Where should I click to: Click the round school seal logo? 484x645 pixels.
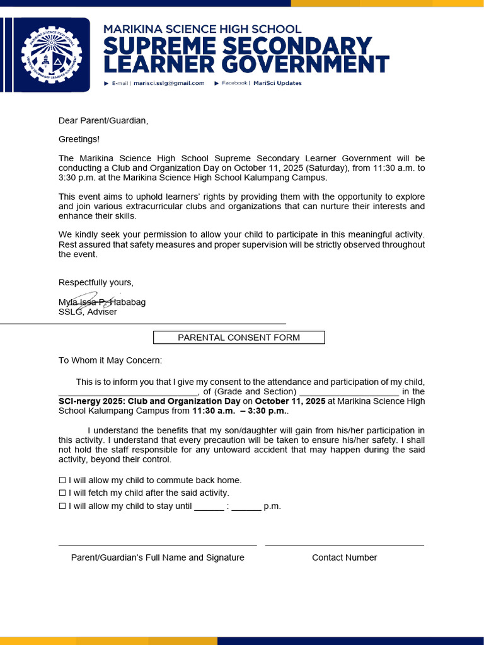click(x=51, y=55)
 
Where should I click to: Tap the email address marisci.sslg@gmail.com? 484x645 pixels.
click(x=169, y=83)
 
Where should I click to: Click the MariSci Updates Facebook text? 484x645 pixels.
click(x=277, y=83)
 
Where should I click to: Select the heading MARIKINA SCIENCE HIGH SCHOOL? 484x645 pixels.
click(x=202, y=29)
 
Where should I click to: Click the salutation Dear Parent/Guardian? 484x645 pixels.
click(x=103, y=120)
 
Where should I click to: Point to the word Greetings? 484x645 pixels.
click(x=79, y=139)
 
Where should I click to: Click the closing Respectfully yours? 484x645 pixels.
click(x=96, y=282)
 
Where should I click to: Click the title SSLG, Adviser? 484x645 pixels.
click(x=88, y=312)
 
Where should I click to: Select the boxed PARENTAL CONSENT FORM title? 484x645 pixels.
click(x=239, y=338)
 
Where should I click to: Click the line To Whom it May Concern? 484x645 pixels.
click(x=110, y=360)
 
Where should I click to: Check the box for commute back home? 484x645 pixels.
click(x=62, y=481)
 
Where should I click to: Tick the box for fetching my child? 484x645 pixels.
click(x=62, y=493)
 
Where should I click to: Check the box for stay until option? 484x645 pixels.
click(x=62, y=506)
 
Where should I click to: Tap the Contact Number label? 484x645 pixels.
click(x=344, y=557)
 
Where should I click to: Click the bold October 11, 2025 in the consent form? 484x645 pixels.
click(x=290, y=401)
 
